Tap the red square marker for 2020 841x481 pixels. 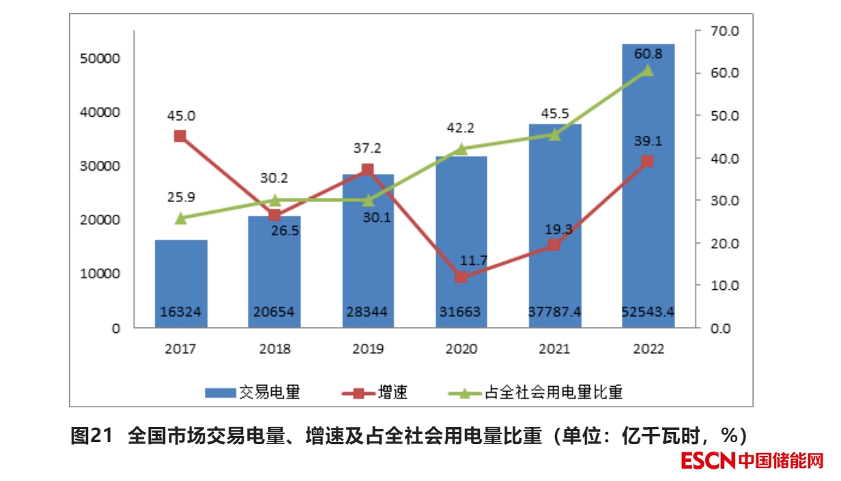[461, 277]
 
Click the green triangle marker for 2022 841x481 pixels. [648, 70]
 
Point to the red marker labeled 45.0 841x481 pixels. [180, 136]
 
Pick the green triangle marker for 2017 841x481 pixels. [180, 218]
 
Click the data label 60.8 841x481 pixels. [648, 53]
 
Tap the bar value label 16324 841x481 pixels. [181, 312]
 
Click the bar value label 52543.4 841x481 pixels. [648, 312]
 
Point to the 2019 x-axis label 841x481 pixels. [367, 349]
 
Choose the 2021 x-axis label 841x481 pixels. [554, 349]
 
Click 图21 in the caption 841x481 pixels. [91, 435]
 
